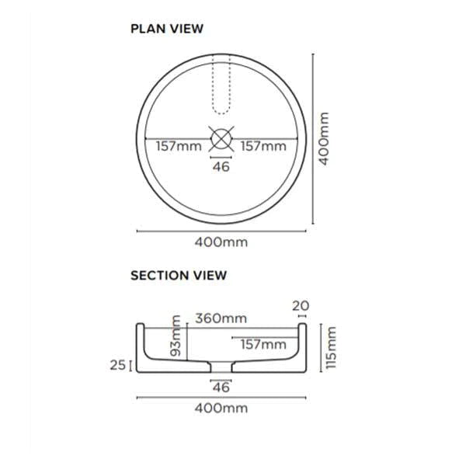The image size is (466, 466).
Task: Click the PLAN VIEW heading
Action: pos(166,29)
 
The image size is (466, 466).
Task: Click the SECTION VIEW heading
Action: pos(178,275)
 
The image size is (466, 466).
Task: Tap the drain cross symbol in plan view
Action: pos(221,138)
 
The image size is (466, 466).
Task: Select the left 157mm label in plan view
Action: pos(179,145)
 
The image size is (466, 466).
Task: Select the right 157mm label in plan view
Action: pos(262,145)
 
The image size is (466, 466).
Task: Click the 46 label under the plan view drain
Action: pos(221,166)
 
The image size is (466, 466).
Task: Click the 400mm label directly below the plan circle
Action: pos(221,242)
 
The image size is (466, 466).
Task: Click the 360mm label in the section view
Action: pos(221,318)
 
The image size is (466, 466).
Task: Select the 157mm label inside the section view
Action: pos(263,343)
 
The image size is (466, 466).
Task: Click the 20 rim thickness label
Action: pos(301,305)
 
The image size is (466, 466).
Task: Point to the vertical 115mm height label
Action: pos(332,348)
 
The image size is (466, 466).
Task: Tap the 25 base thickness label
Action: pos(117,363)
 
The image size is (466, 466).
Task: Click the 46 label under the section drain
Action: pos(221,387)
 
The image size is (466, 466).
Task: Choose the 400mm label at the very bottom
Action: pos(221,408)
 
